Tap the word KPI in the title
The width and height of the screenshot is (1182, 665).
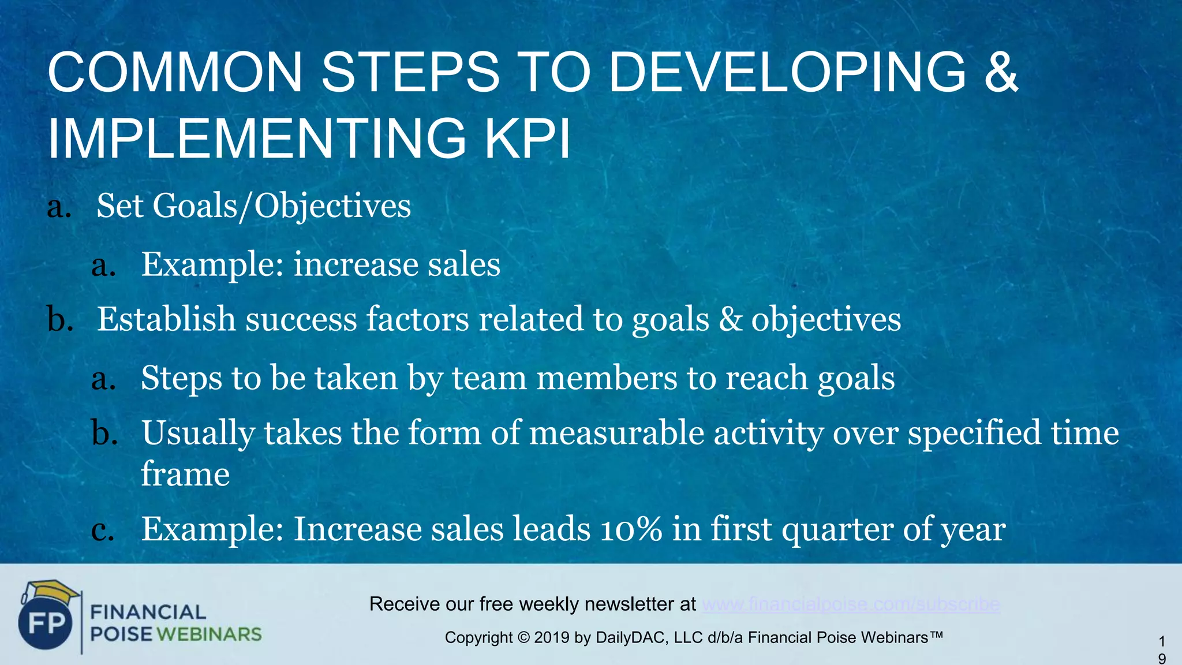click(528, 139)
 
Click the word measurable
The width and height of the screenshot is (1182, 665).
click(616, 433)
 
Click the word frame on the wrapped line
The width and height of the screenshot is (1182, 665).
click(185, 475)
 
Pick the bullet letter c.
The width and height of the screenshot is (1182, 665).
click(103, 530)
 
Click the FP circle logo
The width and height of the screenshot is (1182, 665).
click(46, 623)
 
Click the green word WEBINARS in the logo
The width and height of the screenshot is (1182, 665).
click(209, 634)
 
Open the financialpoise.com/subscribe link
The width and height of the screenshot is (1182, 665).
click(851, 604)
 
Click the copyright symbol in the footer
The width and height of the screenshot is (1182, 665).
click(523, 638)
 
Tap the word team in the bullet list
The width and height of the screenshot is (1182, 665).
click(489, 378)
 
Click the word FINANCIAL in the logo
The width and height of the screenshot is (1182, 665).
click(148, 612)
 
